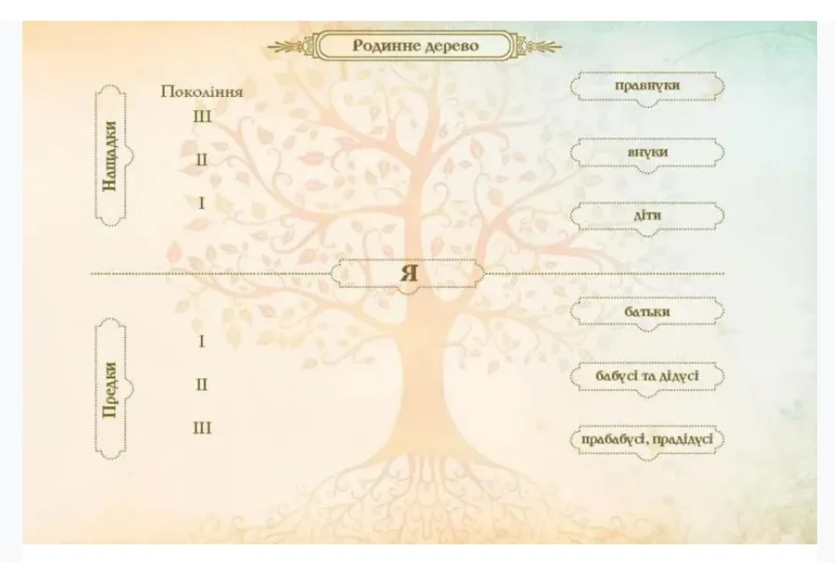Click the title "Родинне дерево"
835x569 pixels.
416,46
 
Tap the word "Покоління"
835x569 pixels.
202,91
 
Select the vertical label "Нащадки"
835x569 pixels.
110,156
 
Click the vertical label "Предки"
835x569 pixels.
110,390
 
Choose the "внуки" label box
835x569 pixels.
647,153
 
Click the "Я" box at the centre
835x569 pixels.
408,274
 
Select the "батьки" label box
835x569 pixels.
647,312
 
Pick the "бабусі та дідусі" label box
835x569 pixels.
647,376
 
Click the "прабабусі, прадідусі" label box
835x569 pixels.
647,440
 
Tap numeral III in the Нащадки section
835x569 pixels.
202,116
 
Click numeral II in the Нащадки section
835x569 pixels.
201,159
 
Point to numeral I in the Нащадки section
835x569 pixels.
201,203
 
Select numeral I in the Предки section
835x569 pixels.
201,341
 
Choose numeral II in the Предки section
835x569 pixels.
201,385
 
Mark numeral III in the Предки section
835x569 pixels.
202,427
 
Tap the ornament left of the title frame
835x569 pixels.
290,46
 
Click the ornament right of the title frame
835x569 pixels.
539,46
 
